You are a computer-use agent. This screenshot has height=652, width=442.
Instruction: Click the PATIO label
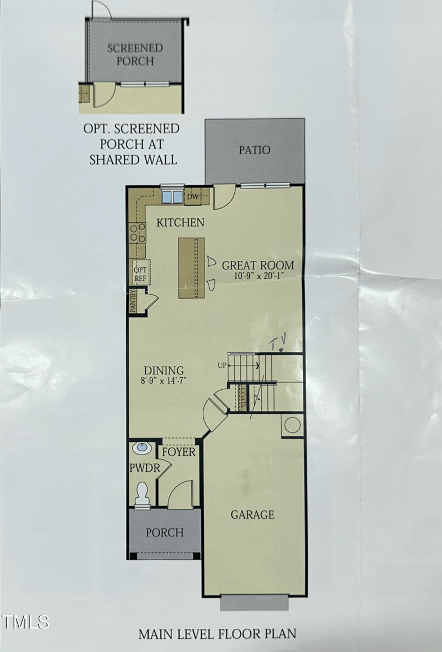[254, 150]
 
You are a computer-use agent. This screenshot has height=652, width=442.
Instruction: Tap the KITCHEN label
[181, 223]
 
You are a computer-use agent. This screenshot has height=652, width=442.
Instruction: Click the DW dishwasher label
[192, 197]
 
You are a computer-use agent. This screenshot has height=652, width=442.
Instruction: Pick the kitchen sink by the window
[171, 197]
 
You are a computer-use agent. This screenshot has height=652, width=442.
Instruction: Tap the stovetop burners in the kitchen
[137, 232]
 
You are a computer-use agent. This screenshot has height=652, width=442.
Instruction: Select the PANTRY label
[133, 301]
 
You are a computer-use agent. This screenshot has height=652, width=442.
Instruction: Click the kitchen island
[191, 268]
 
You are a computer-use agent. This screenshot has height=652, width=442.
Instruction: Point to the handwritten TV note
[278, 344]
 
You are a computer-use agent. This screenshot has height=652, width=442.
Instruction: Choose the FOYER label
[178, 452]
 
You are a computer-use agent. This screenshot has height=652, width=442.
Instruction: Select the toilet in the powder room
[143, 493]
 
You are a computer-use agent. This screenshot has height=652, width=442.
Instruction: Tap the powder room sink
[143, 447]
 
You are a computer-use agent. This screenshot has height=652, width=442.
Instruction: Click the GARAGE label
[252, 515]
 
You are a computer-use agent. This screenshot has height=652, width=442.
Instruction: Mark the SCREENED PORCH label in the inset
[135, 54]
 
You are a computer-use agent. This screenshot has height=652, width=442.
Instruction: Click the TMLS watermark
[25, 622]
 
